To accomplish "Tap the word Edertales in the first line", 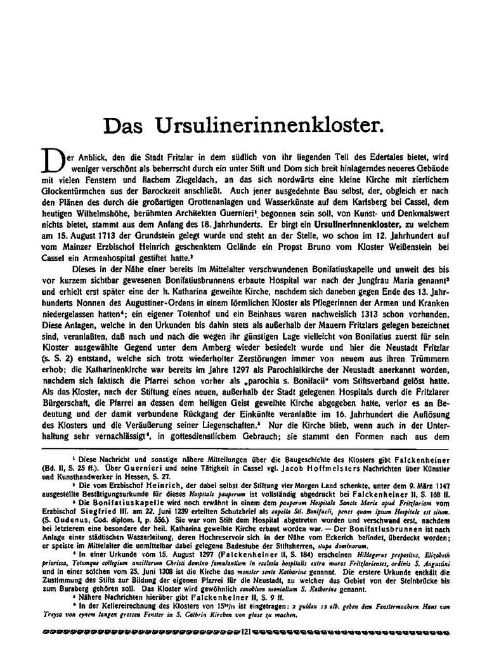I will point(361,155).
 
